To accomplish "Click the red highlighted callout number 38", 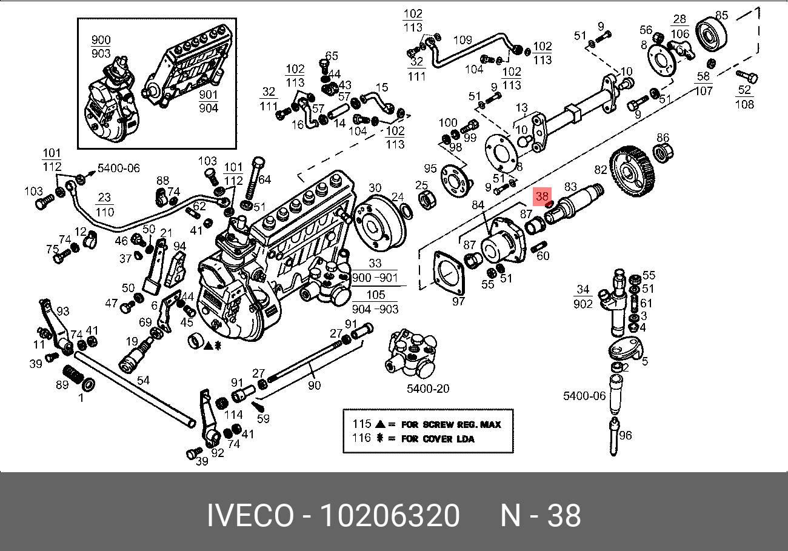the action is [542, 196].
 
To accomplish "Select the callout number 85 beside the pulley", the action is [721, 15].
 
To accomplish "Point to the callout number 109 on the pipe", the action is [462, 40].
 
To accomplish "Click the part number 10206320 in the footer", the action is [390, 515].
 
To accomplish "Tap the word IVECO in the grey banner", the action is [250, 515].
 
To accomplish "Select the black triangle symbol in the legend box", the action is [380, 424].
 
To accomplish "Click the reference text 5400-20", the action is [428, 389].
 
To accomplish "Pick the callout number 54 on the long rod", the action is [143, 380].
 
